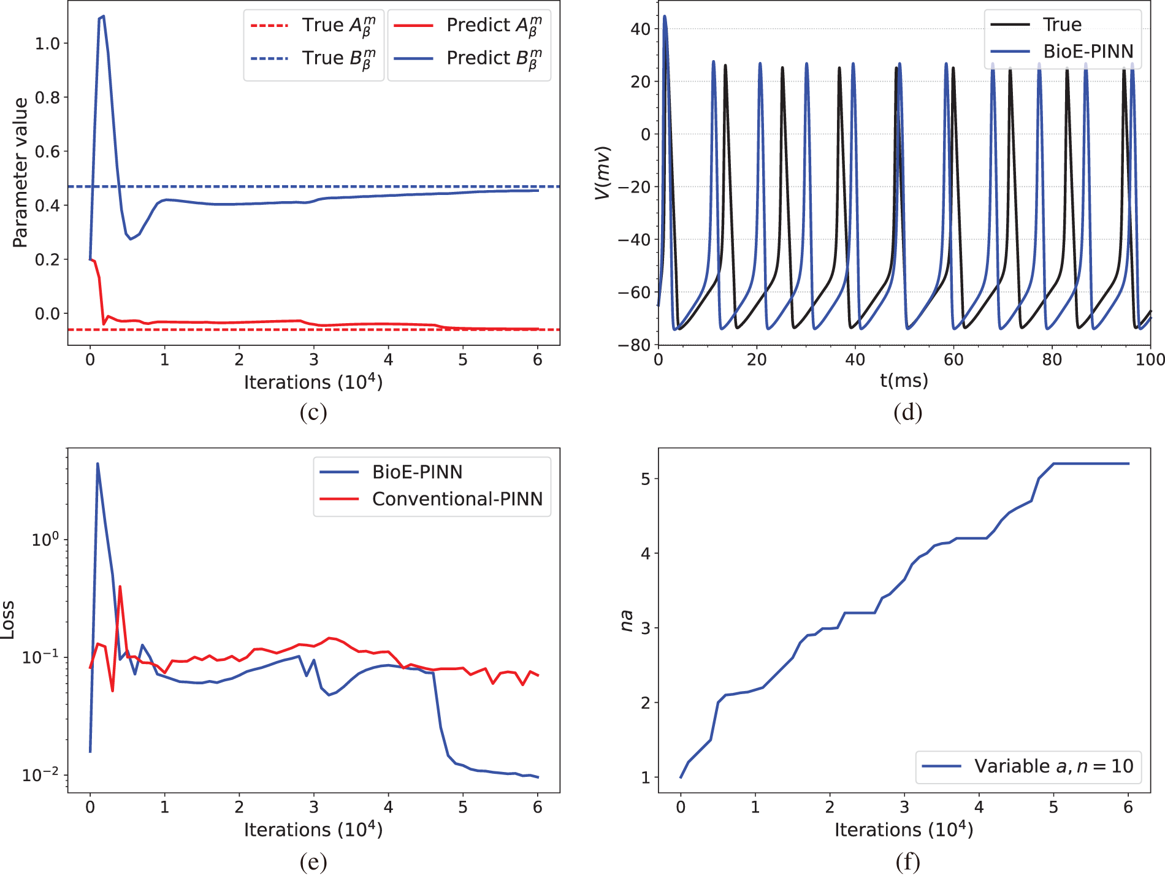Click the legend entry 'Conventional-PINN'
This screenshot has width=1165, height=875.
point(457,499)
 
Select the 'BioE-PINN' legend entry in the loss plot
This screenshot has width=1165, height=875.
point(417,472)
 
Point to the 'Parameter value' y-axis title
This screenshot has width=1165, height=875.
point(20,172)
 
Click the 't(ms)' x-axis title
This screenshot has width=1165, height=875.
point(904,381)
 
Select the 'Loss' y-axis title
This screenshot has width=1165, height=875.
point(7,620)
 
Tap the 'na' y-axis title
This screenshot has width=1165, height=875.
point(626,620)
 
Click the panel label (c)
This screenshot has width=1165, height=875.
point(313,412)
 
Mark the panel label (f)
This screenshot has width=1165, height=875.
point(907,862)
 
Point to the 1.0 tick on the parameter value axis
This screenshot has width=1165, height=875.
point(47,44)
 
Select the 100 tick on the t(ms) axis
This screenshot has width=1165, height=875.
point(1150,360)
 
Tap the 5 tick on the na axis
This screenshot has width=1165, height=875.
point(646,479)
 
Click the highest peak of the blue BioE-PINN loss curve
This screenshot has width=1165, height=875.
point(97,464)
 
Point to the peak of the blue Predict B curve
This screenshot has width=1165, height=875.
point(103,16)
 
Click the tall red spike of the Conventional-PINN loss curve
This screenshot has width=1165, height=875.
point(120,587)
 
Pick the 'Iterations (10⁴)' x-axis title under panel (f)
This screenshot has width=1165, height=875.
point(904,830)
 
